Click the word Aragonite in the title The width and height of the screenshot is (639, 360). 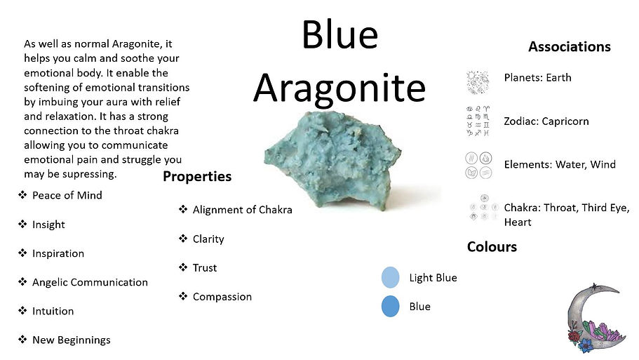[339, 88]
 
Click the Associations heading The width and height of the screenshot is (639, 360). [569, 47]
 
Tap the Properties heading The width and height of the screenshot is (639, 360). [197, 176]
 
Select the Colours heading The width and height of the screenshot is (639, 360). [492, 247]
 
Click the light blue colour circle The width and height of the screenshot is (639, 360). [391, 278]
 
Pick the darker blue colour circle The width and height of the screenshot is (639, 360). [391, 307]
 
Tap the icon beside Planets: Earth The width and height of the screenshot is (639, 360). [477, 81]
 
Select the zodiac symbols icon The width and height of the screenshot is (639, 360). [477, 121]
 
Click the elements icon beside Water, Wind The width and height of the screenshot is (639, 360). [477, 165]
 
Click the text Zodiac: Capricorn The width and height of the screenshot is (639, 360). [546, 121]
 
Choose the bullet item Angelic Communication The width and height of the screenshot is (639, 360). [90, 282]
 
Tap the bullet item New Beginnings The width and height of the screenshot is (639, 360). [71, 340]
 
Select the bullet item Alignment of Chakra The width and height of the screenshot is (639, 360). [242, 210]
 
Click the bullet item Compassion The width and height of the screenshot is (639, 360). [222, 297]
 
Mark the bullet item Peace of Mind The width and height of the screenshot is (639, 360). [67, 195]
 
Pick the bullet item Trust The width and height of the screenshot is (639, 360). [204, 268]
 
